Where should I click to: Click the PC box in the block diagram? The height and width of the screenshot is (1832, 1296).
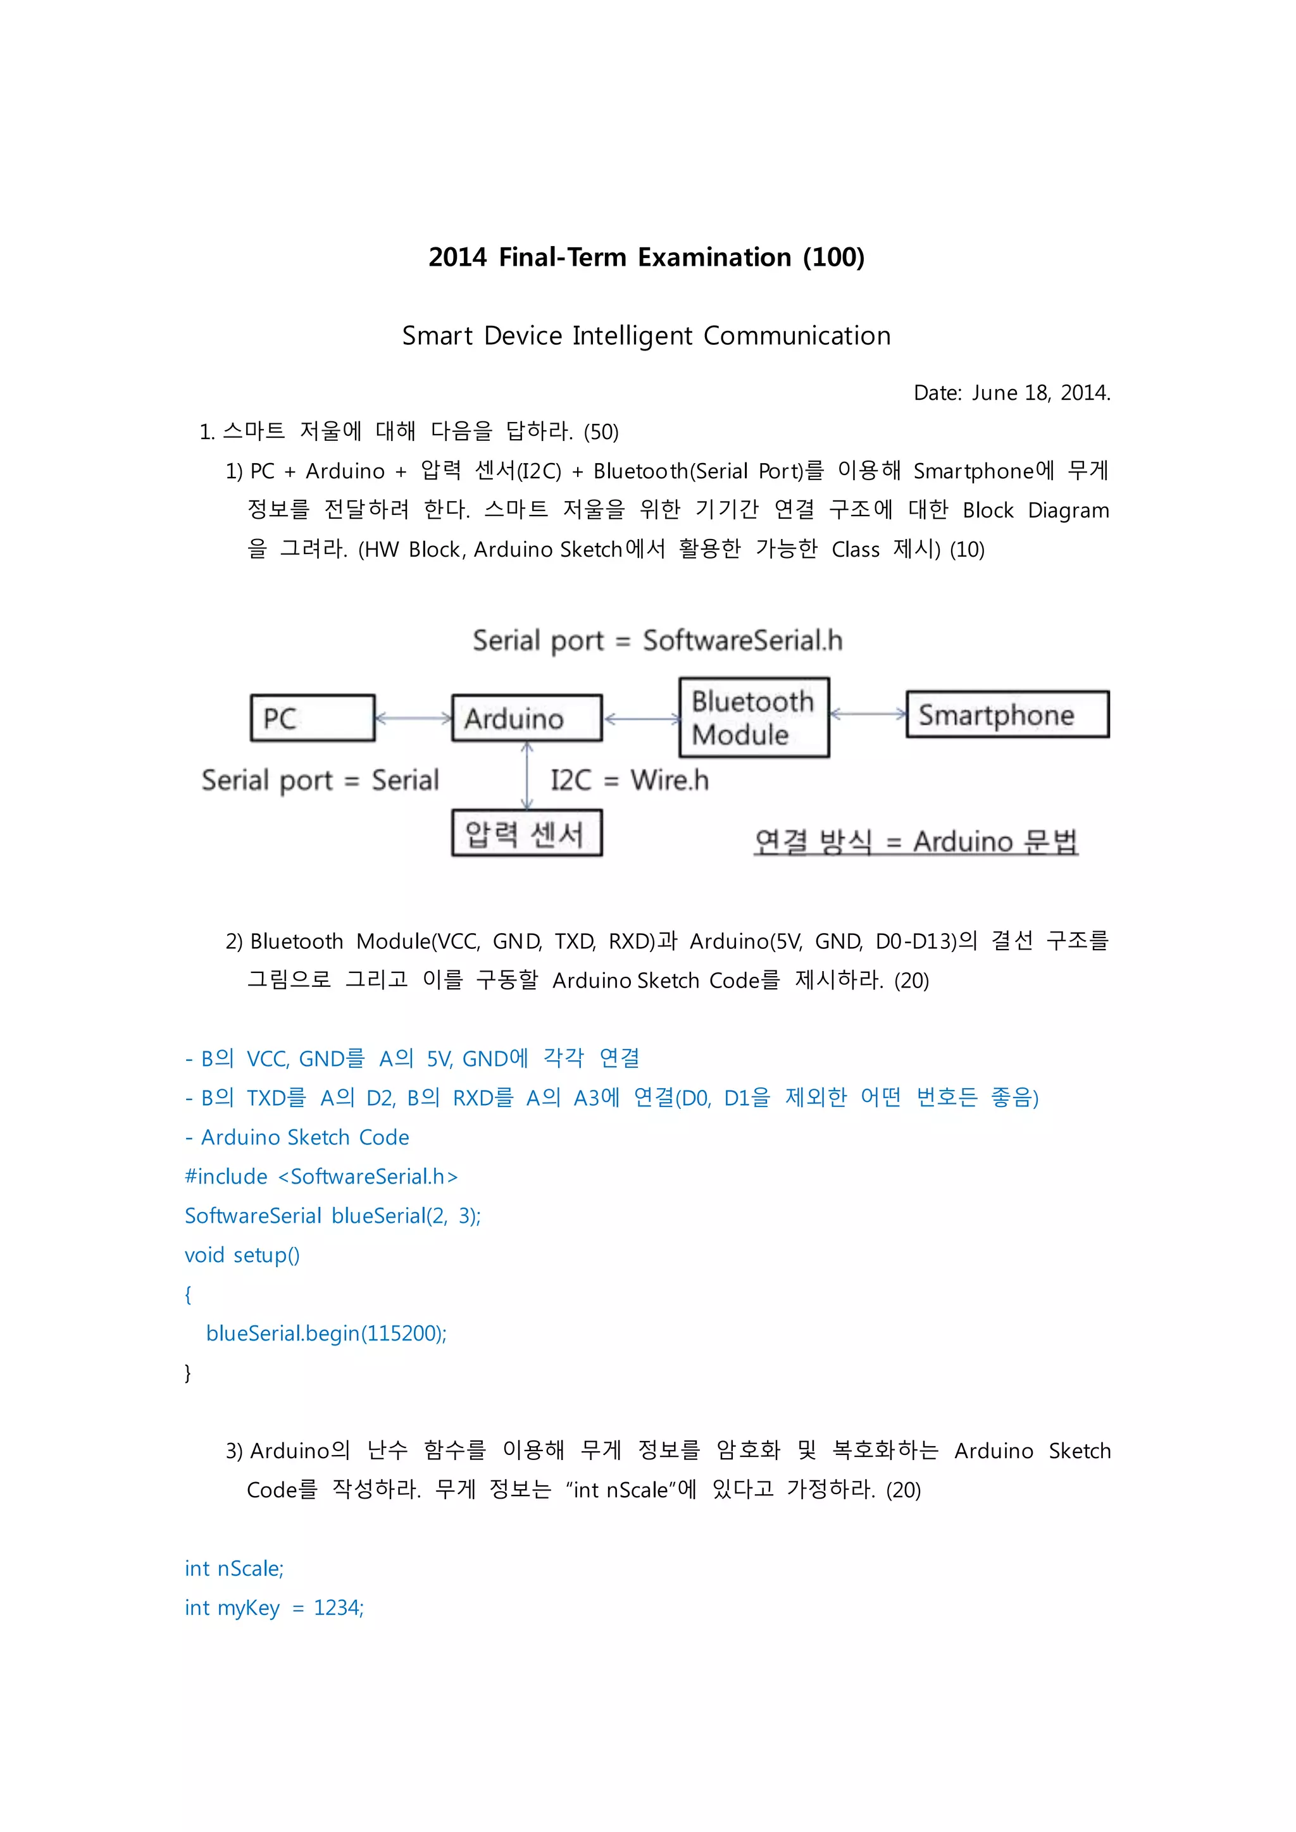[312, 718]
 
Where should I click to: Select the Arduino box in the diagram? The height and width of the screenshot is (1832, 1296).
[526, 718]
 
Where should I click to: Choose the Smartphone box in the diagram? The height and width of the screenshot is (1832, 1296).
[1007, 714]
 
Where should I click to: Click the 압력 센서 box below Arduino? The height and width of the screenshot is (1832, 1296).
[526, 833]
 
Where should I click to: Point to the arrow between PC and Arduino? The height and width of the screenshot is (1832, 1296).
[413, 718]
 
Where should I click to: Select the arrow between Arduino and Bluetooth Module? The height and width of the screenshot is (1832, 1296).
[642, 719]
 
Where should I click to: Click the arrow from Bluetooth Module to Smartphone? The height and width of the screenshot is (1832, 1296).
[868, 714]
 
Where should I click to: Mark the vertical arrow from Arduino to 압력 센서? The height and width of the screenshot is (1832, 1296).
[526, 776]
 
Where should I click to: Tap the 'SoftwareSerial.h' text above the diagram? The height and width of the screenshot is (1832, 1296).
[742, 640]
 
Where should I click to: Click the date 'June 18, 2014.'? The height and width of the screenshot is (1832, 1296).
[1040, 393]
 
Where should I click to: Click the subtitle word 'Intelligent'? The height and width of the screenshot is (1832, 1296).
[632, 336]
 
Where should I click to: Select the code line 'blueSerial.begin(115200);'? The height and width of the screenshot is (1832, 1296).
[326, 1334]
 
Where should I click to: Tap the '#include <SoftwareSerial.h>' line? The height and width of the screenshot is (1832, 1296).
[321, 1176]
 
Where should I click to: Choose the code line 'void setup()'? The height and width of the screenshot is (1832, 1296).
[242, 1255]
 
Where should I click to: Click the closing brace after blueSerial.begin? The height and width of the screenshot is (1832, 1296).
[189, 1372]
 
